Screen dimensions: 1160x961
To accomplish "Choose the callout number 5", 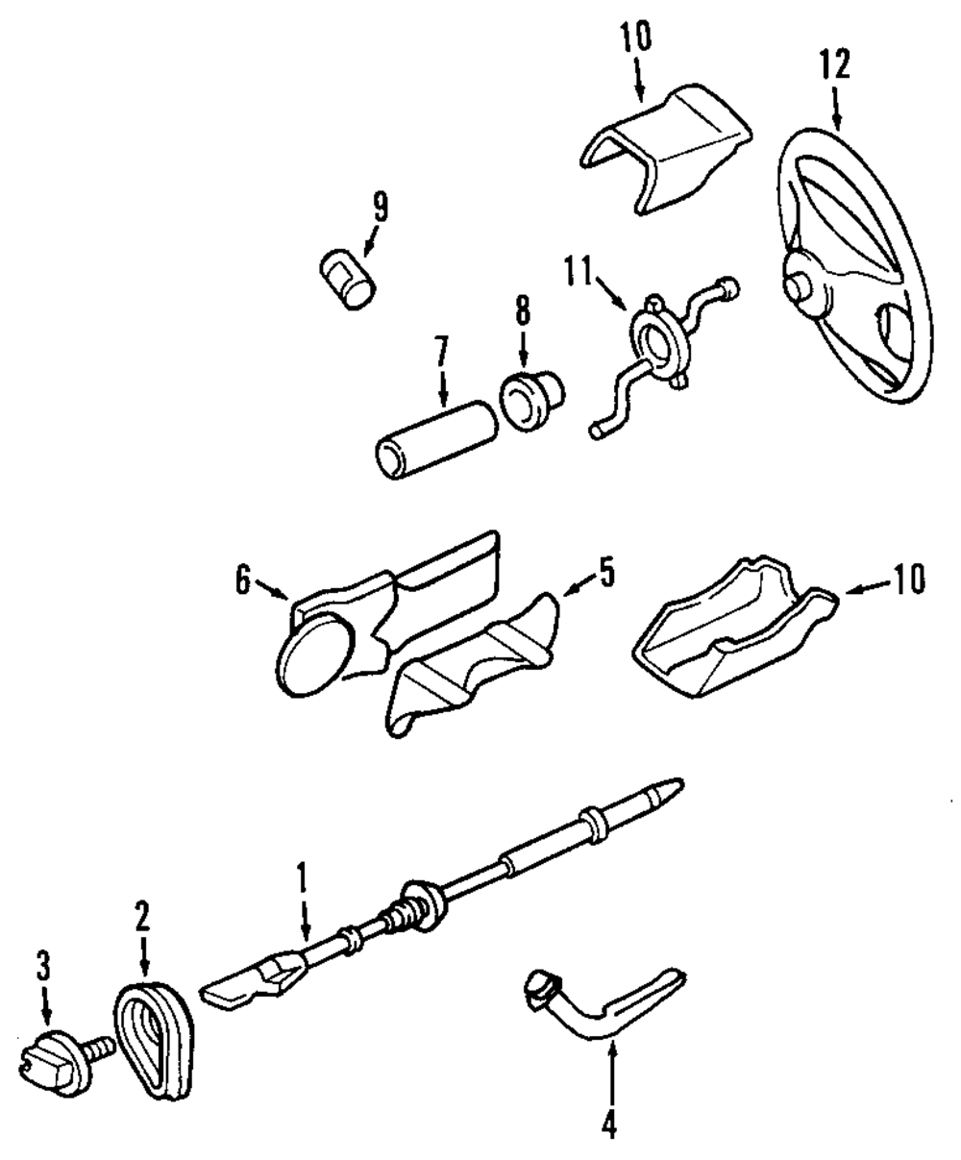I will (604, 574).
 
